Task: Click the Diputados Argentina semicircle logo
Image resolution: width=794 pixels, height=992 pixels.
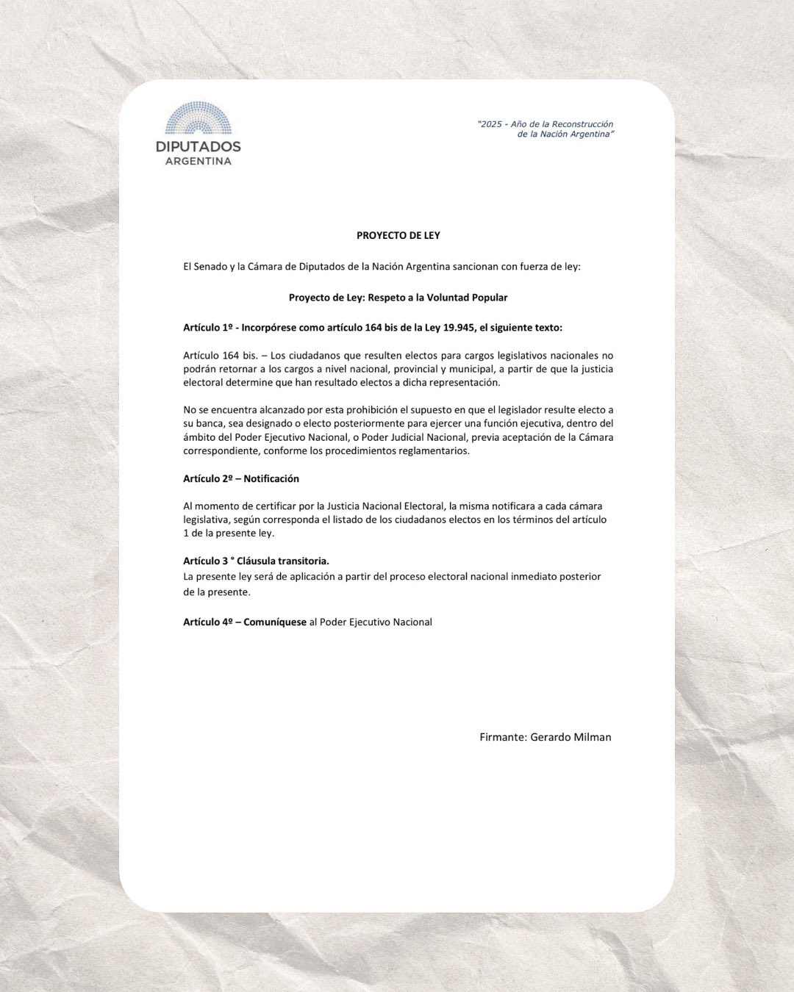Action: pos(198,118)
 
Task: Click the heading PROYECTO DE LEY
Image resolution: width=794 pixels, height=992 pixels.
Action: pos(398,236)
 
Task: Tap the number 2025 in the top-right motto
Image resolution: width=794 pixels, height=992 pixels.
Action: pos(491,124)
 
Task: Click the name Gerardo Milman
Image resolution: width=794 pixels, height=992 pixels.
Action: pos(571,737)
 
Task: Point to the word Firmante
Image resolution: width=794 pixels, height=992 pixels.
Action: pos(502,737)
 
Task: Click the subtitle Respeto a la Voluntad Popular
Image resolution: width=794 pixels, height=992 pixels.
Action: pos(437,298)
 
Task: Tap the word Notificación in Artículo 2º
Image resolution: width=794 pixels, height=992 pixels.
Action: pos(271,478)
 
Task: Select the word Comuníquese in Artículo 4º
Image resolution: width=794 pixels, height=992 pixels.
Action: pos(275,622)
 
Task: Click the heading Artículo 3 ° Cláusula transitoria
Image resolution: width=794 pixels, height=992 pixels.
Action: pos(256,561)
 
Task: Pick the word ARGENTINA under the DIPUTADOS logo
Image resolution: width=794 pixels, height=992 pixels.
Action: pos(198,162)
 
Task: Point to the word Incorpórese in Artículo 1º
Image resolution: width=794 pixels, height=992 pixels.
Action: pos(268,328)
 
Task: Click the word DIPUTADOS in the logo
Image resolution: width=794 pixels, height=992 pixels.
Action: pos(198,146)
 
